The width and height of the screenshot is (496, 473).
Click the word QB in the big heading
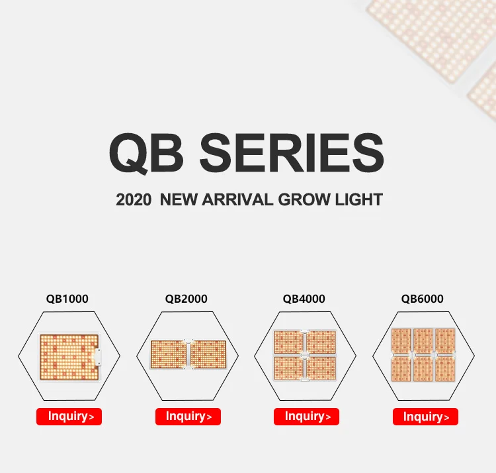pyautogui.click(x=147, y=153)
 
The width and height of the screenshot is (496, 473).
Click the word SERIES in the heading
pyautogui.click(x=291, y=153)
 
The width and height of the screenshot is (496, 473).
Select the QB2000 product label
pyautogui.click(x=186, y=299)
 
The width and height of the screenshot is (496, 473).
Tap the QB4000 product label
pyautogui.click(x=304, y=299)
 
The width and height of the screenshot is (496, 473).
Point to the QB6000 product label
pyautogui.click(x=423, y=299)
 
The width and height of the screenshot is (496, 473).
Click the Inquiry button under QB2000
pyautogui.click(x=188, y=417)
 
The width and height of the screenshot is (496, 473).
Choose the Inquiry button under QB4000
pyautogui.click(x=306, y=417)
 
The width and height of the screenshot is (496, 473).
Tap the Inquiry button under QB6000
pyautogui.click(x=425, y=417)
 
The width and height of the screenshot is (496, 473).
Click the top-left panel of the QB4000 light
pyautogui.click(x=288, y=342)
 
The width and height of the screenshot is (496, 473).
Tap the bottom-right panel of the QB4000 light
pyautogui.click(x=321, y=369)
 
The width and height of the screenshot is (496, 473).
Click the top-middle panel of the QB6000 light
pyautogui.click(x=423, y=341)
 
